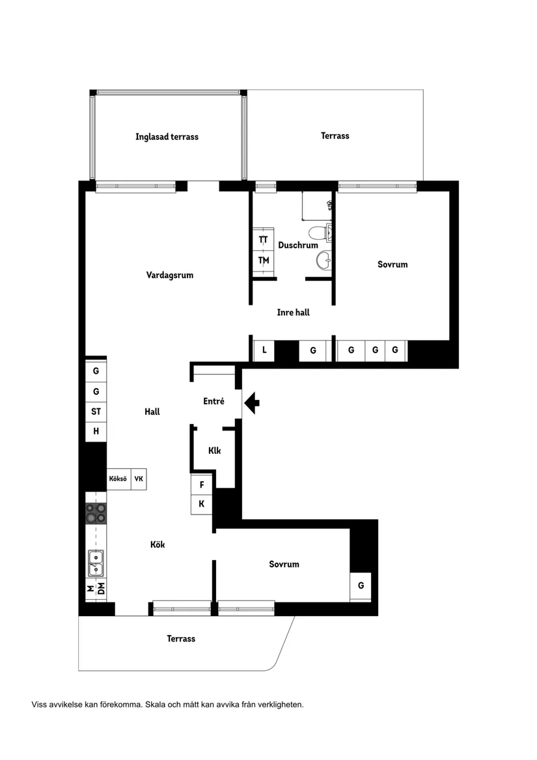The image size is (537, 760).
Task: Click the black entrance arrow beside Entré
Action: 252,403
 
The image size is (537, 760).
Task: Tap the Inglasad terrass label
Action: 167,137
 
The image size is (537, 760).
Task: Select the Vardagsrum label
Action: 169,275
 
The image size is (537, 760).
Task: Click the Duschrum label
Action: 297,246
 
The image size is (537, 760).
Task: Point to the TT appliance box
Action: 263,239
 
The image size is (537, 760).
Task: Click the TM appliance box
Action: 263,260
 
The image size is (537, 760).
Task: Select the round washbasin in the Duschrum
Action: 324,261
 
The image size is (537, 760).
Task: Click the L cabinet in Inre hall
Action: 264,350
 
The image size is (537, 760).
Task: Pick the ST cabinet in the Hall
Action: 96,412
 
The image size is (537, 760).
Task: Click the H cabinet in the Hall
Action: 96,431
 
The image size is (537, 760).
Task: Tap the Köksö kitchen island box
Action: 118,479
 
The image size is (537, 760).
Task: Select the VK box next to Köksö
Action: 139,479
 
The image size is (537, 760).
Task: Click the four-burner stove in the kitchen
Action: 96,513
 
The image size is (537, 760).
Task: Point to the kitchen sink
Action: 96,563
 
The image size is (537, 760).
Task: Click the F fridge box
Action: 202,485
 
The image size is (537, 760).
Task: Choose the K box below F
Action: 202,504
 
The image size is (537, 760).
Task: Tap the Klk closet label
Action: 214,451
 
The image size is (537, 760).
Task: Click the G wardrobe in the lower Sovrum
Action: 361,586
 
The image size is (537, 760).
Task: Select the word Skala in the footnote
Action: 156,704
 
